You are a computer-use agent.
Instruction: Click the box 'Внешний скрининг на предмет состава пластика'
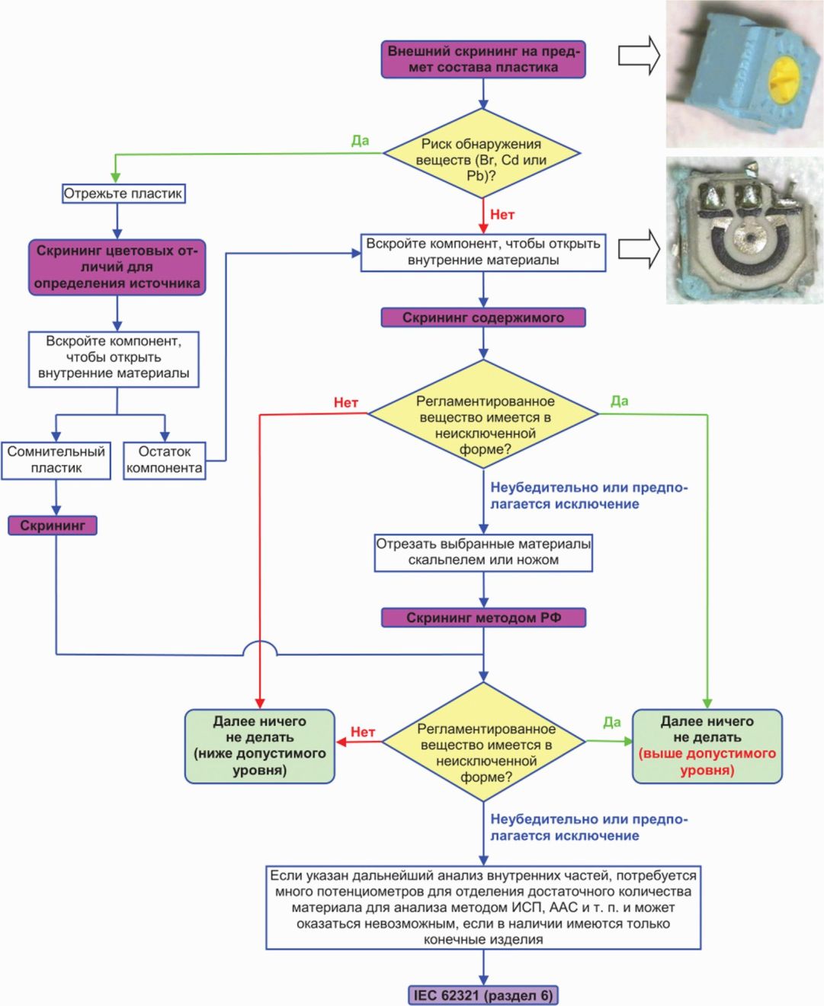pos(483,59)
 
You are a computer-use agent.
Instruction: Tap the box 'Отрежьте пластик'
pos(123,193)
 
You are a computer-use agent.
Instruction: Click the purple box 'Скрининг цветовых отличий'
pos(117,267)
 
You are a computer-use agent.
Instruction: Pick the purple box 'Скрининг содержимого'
pos(483,318)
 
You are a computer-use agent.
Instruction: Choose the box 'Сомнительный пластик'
pos(56,460)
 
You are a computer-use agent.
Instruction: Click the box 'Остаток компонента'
pos(165,460)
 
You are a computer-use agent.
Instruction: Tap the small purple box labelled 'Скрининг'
pos(53,525)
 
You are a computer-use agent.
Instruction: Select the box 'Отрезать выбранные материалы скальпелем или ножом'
pos(483,552)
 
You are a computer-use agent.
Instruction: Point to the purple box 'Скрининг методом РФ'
pos(483,618)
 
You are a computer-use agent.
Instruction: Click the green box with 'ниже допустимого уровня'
pos(260,746)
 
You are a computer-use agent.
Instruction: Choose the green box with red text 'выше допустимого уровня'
pos(707,746)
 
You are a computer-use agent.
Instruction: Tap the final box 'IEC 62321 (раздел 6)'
pos(483,995)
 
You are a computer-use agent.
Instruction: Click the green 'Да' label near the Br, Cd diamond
pos(361,141)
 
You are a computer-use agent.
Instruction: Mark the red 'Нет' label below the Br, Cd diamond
pos(502,215)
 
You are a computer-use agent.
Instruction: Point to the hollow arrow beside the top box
pos(639,56)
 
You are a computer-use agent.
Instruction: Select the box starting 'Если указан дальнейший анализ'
pos(483,907)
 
